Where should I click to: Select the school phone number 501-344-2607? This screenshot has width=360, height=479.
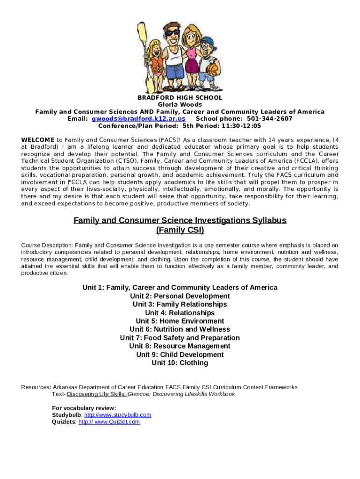tap(270, 119)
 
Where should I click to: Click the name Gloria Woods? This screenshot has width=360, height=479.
tap(180, 105)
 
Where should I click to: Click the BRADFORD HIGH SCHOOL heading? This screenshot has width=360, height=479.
tap(180, 98)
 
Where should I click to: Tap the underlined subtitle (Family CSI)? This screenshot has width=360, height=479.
tap(180, 230)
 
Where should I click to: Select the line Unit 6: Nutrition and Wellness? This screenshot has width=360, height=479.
tap(180, 329)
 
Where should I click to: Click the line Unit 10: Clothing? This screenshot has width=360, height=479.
tap(180, 363)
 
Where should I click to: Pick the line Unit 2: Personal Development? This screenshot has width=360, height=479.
tap(180, 296)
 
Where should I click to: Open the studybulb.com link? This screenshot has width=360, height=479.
tap(117, 415)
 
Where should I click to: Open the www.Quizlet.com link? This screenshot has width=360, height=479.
tap(109, 422)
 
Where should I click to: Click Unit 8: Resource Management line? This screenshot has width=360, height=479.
tap(180, 346)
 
